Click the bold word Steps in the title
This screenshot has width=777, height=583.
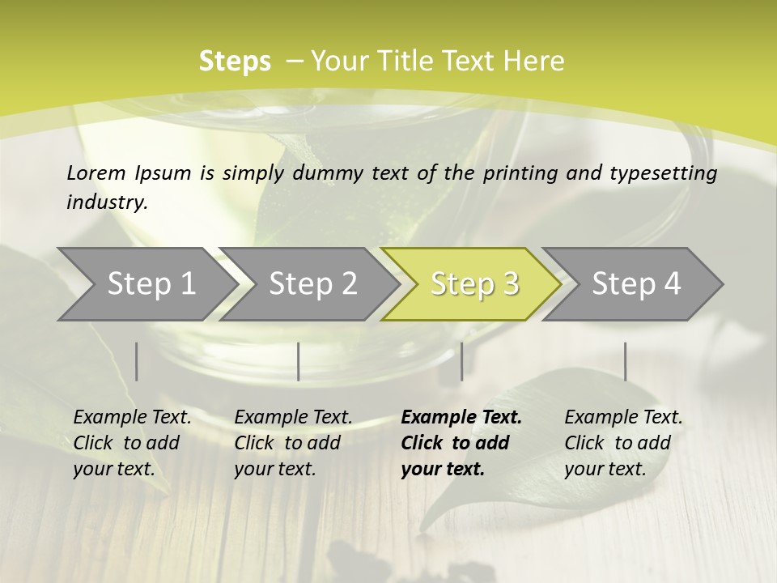point(235,62)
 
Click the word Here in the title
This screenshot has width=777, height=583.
point(534,62)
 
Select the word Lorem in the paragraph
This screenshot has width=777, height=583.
point(96,172)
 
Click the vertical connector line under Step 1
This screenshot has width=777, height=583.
point(137,361)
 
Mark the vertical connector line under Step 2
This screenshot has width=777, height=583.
point(299,361)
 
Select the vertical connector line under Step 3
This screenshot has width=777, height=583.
point(461,361)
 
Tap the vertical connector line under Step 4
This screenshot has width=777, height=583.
point(625,361)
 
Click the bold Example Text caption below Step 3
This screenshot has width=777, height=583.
point(461,443)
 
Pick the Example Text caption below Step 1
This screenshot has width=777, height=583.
point(132,443)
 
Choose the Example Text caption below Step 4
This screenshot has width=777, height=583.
point(623,443)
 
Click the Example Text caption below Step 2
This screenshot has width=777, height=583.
point(293,443)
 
